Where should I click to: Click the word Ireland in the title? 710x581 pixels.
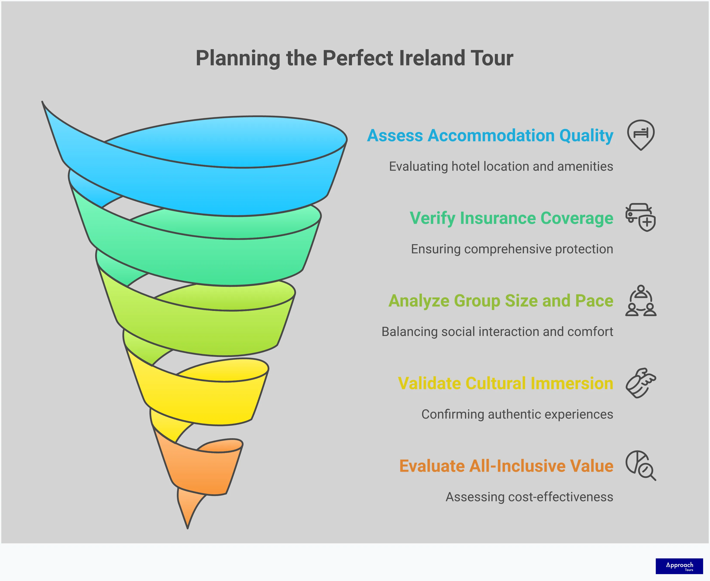coord(432,58)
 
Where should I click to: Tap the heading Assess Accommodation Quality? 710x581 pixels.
coord(490,136)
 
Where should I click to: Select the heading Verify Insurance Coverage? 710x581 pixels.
coord(511,218)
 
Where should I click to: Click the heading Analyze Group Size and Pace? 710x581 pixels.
coord(500,301)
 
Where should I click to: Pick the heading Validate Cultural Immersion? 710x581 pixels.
coord(505,383)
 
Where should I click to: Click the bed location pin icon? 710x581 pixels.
coord(641,134)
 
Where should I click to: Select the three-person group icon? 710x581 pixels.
coord(641,301)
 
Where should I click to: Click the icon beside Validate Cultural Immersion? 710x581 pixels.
coord(641,383)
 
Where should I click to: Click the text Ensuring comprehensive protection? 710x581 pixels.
coord(512,249)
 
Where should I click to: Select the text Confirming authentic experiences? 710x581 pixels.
coord(517,414)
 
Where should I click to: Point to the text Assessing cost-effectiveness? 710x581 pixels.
coord(529,497)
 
